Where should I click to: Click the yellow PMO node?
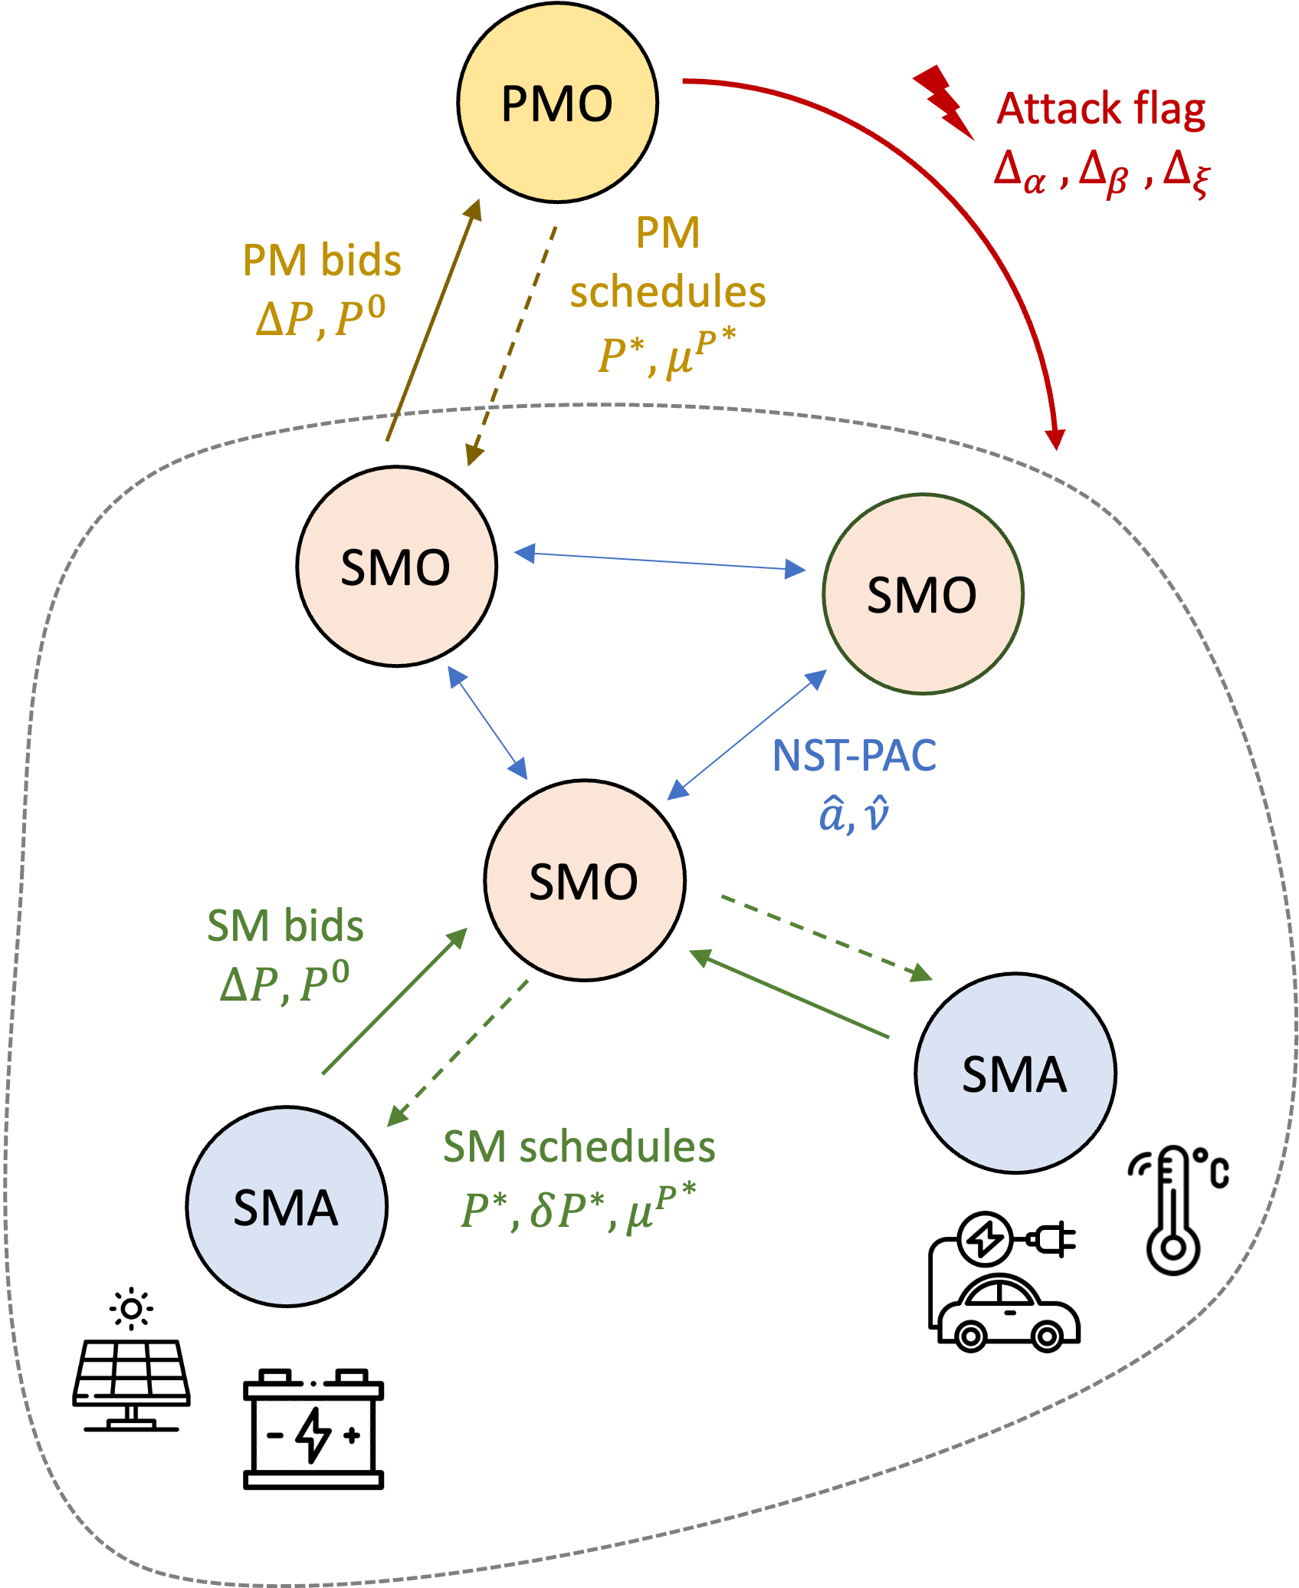[557, 103]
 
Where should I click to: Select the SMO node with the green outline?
[923, 594]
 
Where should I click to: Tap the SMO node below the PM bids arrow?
[396, 567]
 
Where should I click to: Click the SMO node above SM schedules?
[584, 880]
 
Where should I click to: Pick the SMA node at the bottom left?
[286, 1206]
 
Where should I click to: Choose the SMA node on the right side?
[1015, 1073]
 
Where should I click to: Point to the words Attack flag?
[1101, 109]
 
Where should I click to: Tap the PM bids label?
[322, 261]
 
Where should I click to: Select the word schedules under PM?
[668, 292]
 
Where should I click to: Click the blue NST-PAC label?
[854, 756]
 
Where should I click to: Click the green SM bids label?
[285, 926]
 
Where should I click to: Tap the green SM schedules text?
[579, 1147]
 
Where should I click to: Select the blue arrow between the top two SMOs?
[659, 561]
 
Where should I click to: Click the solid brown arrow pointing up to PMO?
[433, 322]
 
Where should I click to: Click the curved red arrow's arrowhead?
[1055, 439]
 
